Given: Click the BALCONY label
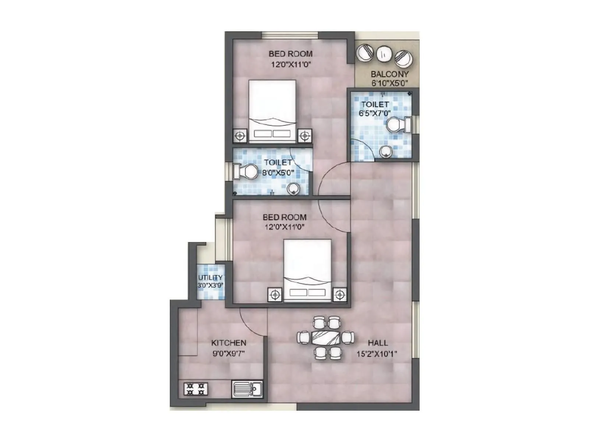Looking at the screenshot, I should click(389, 74).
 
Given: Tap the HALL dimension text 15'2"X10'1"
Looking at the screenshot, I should click(377, 354).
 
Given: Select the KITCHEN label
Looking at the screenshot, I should click(229, 343).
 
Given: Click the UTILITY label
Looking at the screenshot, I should click(210, 277).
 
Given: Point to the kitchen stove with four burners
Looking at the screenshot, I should click(195, 389).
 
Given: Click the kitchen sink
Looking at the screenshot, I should click(247, 389).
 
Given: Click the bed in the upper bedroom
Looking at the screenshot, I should click(272, 111).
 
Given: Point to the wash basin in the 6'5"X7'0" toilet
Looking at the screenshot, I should click(385, 150).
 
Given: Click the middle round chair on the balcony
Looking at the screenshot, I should click(383, 53).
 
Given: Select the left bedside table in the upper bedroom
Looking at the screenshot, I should click(240, 136).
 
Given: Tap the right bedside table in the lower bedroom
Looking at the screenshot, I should click(340, 295).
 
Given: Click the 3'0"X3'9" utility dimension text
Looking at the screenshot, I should click(210, 285).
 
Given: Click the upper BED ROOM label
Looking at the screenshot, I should click(290, 54).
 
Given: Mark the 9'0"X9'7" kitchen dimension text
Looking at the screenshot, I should click(229, 354).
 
